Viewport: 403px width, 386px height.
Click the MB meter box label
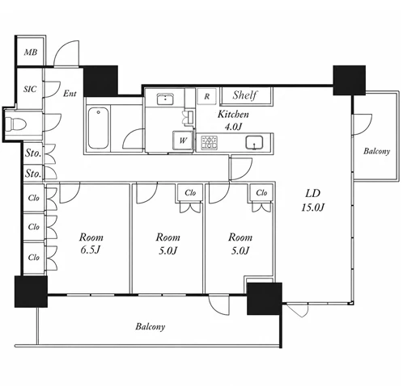[x=31, y=52]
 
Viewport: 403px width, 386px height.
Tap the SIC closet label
[x=30, y=89]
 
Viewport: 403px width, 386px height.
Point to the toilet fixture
[x=16, y=124]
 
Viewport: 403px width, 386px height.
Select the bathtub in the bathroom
[x=99, y=128]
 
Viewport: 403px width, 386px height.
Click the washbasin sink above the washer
[x=165, y=99]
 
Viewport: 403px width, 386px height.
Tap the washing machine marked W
[x=183, y=141]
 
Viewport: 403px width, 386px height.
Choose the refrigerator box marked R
[x=206, y=96]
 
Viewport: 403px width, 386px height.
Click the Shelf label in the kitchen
[x=245, y=95]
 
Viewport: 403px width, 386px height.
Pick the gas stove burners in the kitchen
[x=210, y=143]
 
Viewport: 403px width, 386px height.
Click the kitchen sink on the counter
[x=254, y=142]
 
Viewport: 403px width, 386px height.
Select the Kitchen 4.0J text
[x=233, y=120]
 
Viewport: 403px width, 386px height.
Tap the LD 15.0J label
[x=313, y=200]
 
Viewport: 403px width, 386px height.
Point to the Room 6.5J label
[x=91, y=244]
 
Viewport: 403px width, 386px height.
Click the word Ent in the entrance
[x=70, y=94]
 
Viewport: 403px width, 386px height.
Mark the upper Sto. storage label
[x=33, y=153]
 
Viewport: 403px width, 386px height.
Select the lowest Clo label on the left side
[x=34, y=258]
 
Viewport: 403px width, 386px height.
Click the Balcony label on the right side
[x=376, y=151]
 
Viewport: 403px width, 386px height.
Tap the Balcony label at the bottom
[x=151, y=326]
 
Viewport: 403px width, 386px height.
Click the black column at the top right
[x=350, y=80]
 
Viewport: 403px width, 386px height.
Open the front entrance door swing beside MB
[x=66, y=53]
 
